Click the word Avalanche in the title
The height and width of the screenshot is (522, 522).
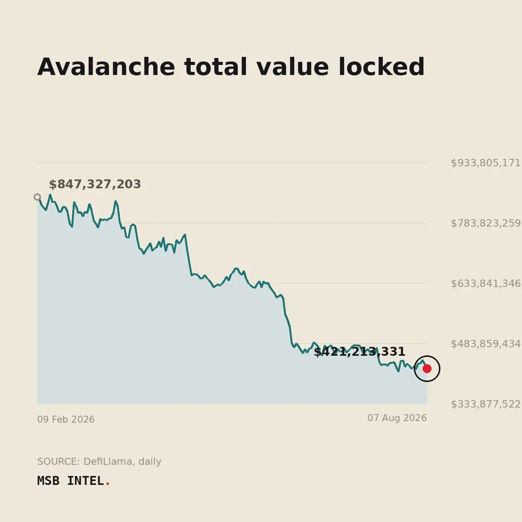(x=106, y=67)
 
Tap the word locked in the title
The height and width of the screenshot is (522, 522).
(x=381, y=67)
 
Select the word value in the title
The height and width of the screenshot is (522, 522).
(x=293, y=67)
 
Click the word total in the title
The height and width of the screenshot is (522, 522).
(x=216, y=67)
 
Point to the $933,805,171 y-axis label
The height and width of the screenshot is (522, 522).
(x=485, y=163)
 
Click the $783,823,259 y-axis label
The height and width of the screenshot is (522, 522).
(x=485, y=224)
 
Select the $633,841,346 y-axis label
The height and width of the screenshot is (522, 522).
(x=485, y=284)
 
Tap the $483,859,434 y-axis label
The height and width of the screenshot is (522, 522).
(x=485, y=344)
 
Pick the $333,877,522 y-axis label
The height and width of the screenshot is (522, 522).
(x=485, y=405)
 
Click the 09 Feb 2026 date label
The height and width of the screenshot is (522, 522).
(x=66, y=420)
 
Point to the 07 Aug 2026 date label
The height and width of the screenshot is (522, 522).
(x=397, y=418)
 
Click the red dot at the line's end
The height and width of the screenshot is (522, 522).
(x=427, y=369)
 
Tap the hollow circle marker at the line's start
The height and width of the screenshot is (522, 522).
(x=37, y=197)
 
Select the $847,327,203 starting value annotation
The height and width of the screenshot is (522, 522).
(x=95, y=184)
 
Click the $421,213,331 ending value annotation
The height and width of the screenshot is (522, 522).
(x=359, y=351)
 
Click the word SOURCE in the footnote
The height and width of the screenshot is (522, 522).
(x=59, y=462)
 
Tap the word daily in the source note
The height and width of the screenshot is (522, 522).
(x=150, y=462)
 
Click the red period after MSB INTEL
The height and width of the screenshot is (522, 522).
(x=107, y=484)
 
